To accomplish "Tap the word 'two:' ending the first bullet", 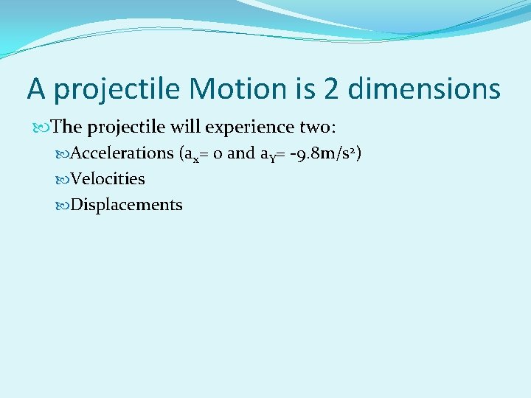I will tap(318, 128).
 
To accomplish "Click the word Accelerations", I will tap(122, 153).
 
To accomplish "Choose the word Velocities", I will tap(108, 179).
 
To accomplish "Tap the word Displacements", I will tap(126, 205).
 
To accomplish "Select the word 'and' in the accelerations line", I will tap(240, 153).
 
